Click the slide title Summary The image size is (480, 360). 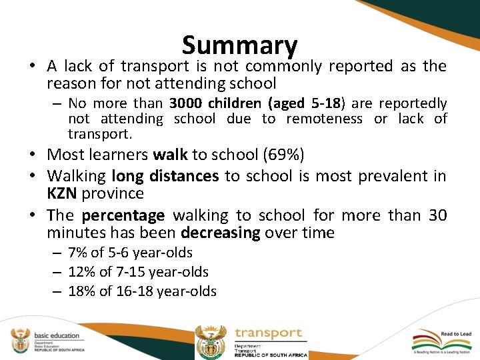[x=239, y=45]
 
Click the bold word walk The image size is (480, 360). [x=170, y=155]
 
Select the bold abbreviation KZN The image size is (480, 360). [x=62, y=193]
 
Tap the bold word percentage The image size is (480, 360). [x=123, y=215]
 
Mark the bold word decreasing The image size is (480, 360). [x=220, y=233]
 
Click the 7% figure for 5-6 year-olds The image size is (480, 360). [x=78, y=253]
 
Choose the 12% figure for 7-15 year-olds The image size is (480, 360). [x=81, y=272]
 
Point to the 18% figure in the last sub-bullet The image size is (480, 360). [x=81, y=291]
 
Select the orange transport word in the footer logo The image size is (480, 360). [x=269, y=333]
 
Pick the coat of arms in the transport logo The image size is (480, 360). [x=211, y=342]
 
